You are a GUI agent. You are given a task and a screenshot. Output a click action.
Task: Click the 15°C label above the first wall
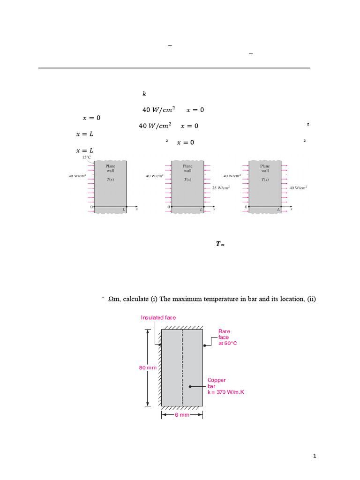[x=87, y=158]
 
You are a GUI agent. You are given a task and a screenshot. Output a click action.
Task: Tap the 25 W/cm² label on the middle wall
[x=221, y=188]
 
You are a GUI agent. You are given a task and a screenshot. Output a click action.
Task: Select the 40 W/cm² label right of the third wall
[x=298, y=188]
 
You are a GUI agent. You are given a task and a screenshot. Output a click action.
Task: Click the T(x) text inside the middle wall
[x=187, y=180]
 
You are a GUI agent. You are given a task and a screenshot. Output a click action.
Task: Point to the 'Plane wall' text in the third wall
[x=265, y=168]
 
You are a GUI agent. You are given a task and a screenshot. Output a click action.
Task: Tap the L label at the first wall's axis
[x=124, y=210]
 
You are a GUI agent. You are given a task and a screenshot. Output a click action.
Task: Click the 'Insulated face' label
[x=158, y=318]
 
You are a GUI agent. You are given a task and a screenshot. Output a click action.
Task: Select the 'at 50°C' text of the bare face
[x=228, y=343]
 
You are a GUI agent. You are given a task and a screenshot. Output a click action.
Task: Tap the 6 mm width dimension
[x=182, y=415]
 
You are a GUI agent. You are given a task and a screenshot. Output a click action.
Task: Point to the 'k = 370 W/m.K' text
[x=225, y=392]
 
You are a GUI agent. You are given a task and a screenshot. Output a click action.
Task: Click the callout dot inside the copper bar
[x=190, y=386]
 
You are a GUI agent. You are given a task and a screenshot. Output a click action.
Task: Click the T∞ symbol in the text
[x=220, y=244]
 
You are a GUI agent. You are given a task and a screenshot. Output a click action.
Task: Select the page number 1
[x=315, y=456]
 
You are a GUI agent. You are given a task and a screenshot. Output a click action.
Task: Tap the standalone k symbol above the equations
[x=144, y=94]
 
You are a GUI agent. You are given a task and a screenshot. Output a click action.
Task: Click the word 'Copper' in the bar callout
[x=217, y=380]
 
